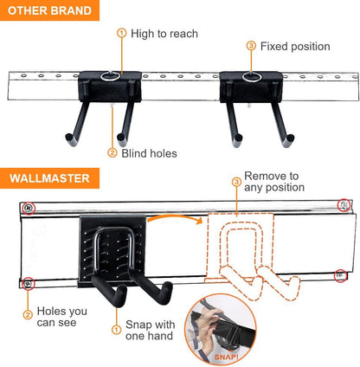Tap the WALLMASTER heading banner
coord(49,179)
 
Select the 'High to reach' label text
coord(164,34)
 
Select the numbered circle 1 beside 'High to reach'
coord(121,34)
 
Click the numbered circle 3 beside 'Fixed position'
coord(251,46)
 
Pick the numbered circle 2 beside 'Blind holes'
coord(112,153)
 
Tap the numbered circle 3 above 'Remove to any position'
coord(235,182)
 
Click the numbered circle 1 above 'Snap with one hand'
coord(117,328)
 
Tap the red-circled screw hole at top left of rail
coord(29,208)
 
